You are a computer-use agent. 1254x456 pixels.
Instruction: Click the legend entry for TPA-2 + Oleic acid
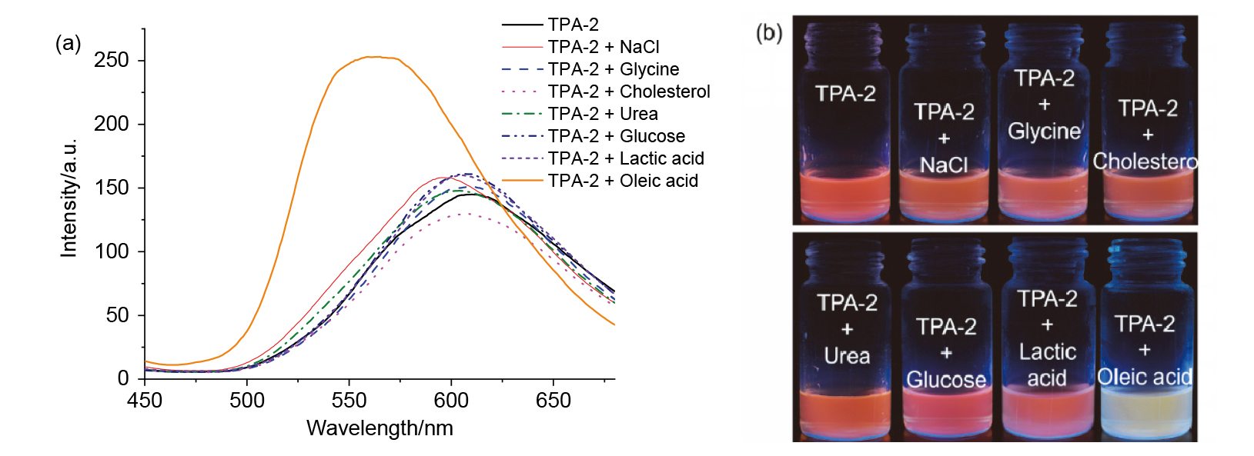[623, 181]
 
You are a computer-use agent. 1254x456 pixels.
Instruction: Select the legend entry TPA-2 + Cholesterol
[629, 92]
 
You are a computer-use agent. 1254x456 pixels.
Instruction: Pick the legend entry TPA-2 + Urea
[603, 114]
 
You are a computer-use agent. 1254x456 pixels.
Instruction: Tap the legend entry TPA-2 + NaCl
[604, 47]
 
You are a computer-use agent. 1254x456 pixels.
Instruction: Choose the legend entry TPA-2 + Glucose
[616, 136]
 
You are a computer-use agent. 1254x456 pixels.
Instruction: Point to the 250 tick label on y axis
[112, 60]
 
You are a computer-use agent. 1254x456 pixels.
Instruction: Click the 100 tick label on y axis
[112, 251]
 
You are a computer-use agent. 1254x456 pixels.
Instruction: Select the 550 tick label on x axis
[349, 401]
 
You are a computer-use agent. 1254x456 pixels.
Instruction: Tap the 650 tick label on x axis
[553, 401]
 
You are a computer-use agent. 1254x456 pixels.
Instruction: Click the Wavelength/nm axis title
[380, 428]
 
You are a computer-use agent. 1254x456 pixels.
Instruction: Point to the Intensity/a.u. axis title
[69, 198]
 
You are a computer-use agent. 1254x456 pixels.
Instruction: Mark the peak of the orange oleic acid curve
[374, 56]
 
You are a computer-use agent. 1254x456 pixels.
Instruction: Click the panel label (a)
[68, 43]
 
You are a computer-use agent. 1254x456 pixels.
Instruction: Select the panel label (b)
[768, 32]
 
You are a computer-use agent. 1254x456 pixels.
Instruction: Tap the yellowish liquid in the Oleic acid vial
[1147, 415]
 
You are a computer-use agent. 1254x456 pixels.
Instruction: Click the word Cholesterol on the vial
[1145, 161]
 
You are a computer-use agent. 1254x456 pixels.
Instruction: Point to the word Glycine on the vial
[1045, 131]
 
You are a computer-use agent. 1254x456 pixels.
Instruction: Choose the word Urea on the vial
[847, 356]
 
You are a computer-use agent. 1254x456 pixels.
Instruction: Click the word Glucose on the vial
[946, 380]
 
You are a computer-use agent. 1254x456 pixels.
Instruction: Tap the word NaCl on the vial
[944, 165]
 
